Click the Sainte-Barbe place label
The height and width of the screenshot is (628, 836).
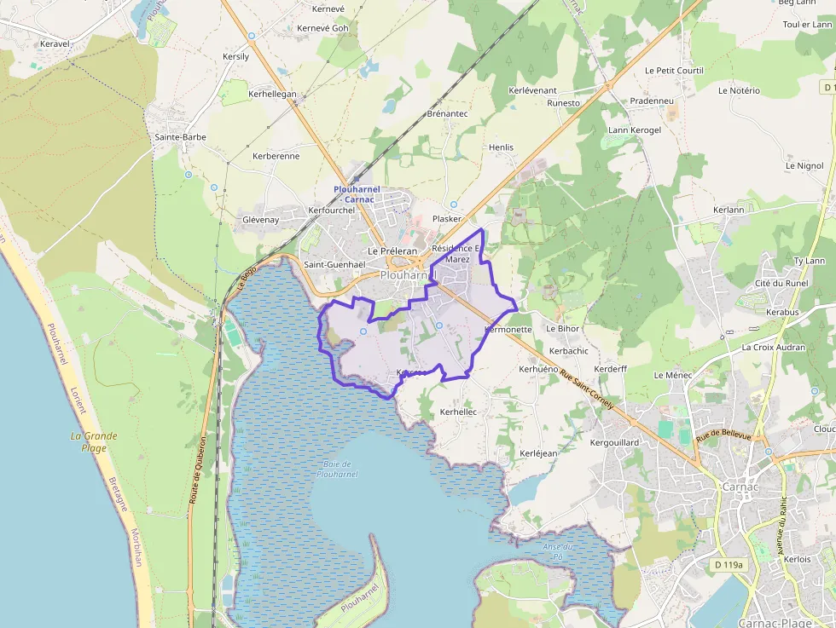180,136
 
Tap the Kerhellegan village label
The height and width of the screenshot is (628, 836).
272,94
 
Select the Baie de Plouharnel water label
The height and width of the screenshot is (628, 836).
334,468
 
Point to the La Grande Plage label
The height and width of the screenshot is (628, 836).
94,441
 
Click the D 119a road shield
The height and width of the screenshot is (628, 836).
728,565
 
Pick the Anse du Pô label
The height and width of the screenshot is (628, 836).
558,550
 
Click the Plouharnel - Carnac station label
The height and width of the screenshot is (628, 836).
357,193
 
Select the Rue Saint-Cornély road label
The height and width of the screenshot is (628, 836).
588,388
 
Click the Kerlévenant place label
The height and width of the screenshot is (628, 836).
532,90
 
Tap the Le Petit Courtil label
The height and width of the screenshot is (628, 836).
674,70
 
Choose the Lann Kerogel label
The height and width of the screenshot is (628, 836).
634,130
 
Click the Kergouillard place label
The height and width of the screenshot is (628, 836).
614,443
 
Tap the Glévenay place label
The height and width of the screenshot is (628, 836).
261,220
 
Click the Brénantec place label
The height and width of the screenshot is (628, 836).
448,113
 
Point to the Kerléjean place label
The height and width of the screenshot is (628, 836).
538,453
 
